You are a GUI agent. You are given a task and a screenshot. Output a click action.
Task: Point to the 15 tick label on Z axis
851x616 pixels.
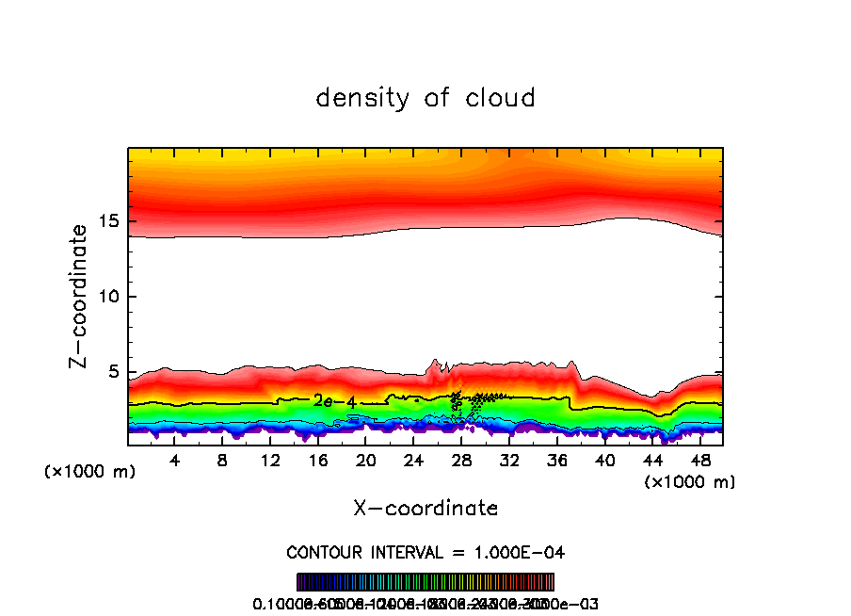(x=105, y=222)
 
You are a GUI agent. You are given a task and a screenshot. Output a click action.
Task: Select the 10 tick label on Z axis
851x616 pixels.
(x=105, y=298)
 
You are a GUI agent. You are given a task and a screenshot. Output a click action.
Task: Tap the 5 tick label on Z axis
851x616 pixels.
(x=111, y=373)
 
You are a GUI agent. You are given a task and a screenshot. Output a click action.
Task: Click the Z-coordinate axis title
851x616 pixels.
(x=80, y=296)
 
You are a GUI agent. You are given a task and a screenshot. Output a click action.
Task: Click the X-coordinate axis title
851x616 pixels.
(x=425, y=509)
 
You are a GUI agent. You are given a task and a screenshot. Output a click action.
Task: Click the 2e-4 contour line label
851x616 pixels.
(x=335, y=402)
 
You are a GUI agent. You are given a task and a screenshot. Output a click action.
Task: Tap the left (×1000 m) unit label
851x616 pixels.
(x=90, y=472)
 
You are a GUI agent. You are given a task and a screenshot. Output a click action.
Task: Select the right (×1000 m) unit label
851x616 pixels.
(x=690, y=482)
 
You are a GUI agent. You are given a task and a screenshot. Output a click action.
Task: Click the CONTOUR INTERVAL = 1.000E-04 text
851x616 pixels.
(x=425, y=552)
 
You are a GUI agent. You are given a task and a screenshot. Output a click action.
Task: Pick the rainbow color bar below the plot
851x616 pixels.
(x=425, y=582)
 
